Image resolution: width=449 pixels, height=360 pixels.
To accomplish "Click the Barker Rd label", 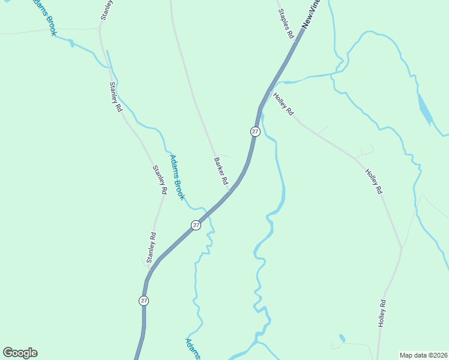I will [x=221, y=171].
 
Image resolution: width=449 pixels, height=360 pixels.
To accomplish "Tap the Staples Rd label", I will [x=286, y=24].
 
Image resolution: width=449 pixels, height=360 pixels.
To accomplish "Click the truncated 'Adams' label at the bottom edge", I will [x=192, y=349].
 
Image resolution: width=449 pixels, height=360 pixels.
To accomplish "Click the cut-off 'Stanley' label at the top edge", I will [x=106, y=10].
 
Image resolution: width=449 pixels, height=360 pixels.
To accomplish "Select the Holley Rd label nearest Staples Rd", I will [x=283, y=103].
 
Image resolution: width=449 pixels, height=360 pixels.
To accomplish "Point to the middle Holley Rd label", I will [x=373, y=181].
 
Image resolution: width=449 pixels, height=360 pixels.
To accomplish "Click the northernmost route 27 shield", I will [x=255, y=131].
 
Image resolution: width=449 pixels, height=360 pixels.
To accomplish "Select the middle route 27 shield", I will [x=196, y=225].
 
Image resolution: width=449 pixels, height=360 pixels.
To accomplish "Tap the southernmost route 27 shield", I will [x=143, y=301].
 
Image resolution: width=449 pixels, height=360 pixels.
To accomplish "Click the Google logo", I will [x=20, y=353].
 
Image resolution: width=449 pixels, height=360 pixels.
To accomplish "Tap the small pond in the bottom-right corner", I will [x=342, y=338].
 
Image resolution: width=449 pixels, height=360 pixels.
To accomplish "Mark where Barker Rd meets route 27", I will [x=229, y=192].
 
